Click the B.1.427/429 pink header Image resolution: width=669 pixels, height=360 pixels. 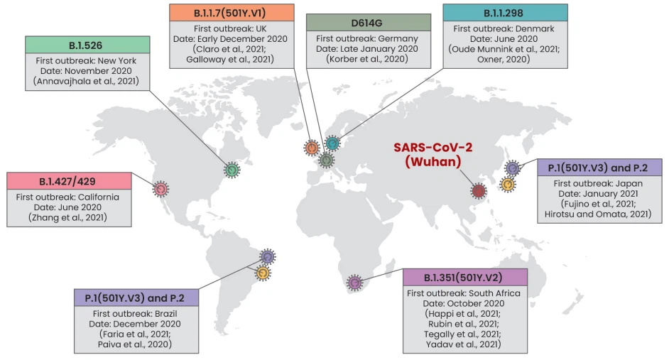69,181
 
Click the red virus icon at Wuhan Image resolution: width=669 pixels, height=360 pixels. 479,190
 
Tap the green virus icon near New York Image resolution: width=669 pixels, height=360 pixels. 232,170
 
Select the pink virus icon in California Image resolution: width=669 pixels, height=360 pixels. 161,189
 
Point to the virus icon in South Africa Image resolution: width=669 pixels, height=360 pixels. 354,283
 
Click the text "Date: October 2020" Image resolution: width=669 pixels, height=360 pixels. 464,303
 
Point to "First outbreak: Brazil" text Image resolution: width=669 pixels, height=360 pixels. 136,313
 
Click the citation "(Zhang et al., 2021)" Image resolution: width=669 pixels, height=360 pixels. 69,217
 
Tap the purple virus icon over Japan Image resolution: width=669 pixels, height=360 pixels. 513,168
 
